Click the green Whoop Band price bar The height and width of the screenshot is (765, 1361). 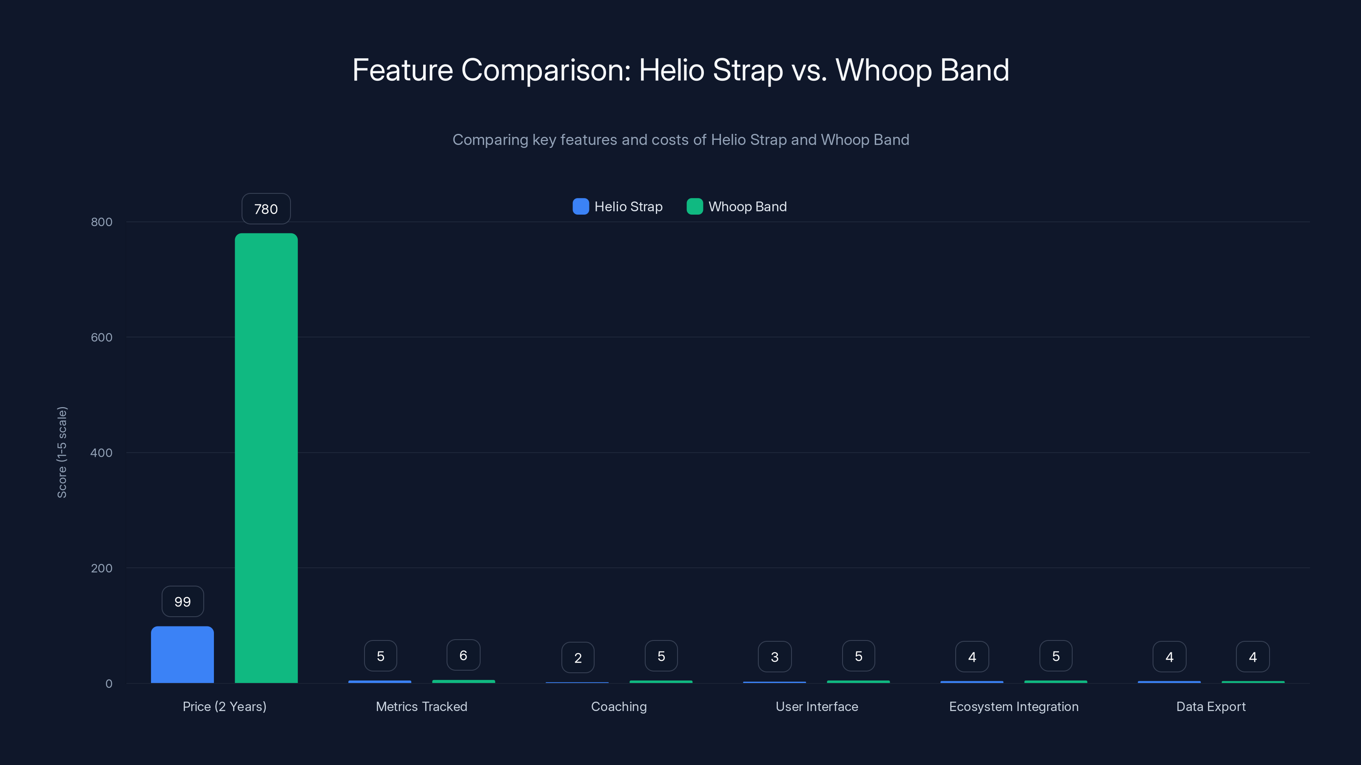point(266,458)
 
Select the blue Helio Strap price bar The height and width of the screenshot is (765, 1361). point(182,654)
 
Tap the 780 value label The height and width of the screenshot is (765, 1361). point(266,209)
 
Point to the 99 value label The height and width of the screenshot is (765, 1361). point(182,601)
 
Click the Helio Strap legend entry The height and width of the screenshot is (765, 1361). point(618,207)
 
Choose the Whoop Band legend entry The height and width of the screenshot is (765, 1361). point(737,207)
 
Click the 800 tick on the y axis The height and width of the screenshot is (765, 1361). point(102,222)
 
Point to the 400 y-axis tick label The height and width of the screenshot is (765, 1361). point(102,453)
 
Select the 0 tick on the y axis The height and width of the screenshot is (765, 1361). point(109,684)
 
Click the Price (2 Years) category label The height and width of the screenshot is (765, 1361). point(225,706)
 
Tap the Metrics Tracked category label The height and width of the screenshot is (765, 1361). point(421,706)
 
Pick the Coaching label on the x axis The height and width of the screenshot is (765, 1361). point(619,706)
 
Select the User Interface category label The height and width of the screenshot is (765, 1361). point(817,706)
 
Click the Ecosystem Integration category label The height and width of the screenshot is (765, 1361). point(1014,706)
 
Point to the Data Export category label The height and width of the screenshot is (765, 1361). point(1211,706)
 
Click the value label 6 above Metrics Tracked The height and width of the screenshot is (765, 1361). point(463,655)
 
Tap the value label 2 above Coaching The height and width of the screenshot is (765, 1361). point(578,658)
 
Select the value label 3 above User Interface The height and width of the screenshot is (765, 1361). point(774,657)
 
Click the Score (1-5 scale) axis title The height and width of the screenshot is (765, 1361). point(62,452)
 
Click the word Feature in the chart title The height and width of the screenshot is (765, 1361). point(403,70)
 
